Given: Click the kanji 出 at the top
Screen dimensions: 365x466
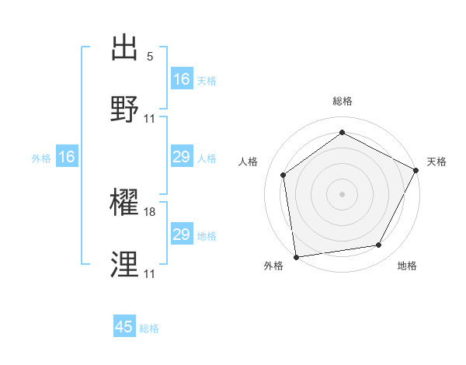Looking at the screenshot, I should click(x=126, y=48).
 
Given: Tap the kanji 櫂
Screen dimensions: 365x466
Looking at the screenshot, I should click(x=126, y=203).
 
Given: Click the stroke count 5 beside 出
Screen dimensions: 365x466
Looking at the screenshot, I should click(x=150, y=57).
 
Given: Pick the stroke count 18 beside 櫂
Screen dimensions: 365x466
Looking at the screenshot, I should click(x=151, y=212).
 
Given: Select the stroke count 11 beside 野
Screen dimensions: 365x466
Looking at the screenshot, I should click(x=150, y=119).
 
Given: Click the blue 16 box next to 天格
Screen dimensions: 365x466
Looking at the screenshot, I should click(x=182, y=79).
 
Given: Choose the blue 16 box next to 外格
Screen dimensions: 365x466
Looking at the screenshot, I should click(x=67, y=157).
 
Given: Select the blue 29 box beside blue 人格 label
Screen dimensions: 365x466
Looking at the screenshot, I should click(x=182, y=157).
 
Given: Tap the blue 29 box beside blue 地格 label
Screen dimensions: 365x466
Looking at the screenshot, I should click(x=182, y=235).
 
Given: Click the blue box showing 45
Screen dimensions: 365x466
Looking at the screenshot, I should click(x=124, y=327).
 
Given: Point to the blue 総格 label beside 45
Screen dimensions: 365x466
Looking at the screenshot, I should click(x=149, y=328).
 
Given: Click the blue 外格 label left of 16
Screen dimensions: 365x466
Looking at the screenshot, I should click(x=41, y=158).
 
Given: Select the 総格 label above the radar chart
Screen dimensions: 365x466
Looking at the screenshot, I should click(x=343, y=101).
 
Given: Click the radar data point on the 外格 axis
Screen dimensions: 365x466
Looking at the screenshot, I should click(x=296, y=256).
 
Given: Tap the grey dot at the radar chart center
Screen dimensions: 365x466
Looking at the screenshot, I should click(x=343, y=193).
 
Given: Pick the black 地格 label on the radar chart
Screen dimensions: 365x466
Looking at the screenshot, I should click(x=407, y=266).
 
